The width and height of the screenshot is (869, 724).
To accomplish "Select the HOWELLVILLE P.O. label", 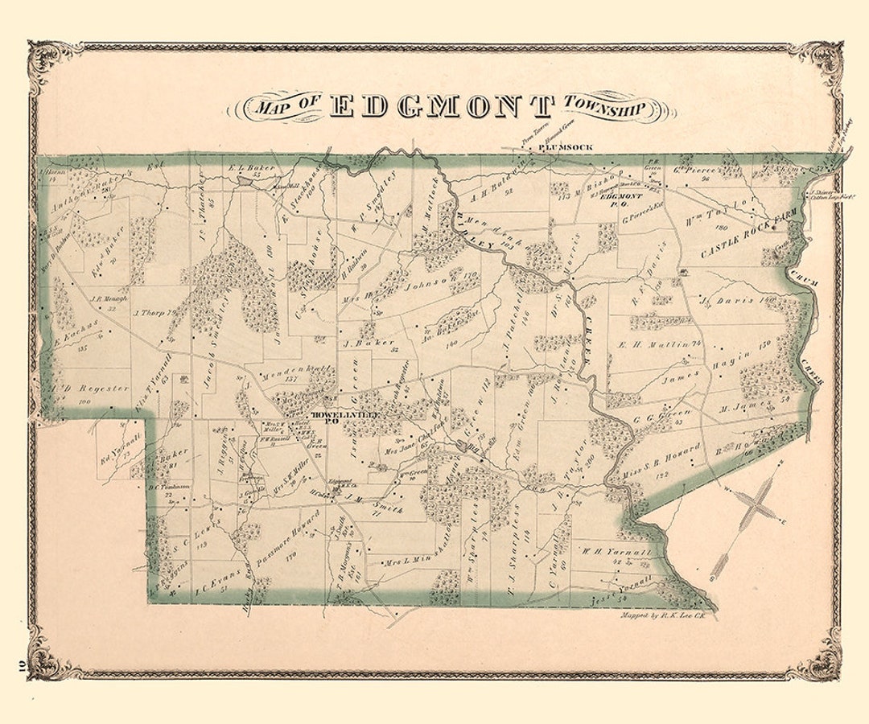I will pos(344,415).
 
